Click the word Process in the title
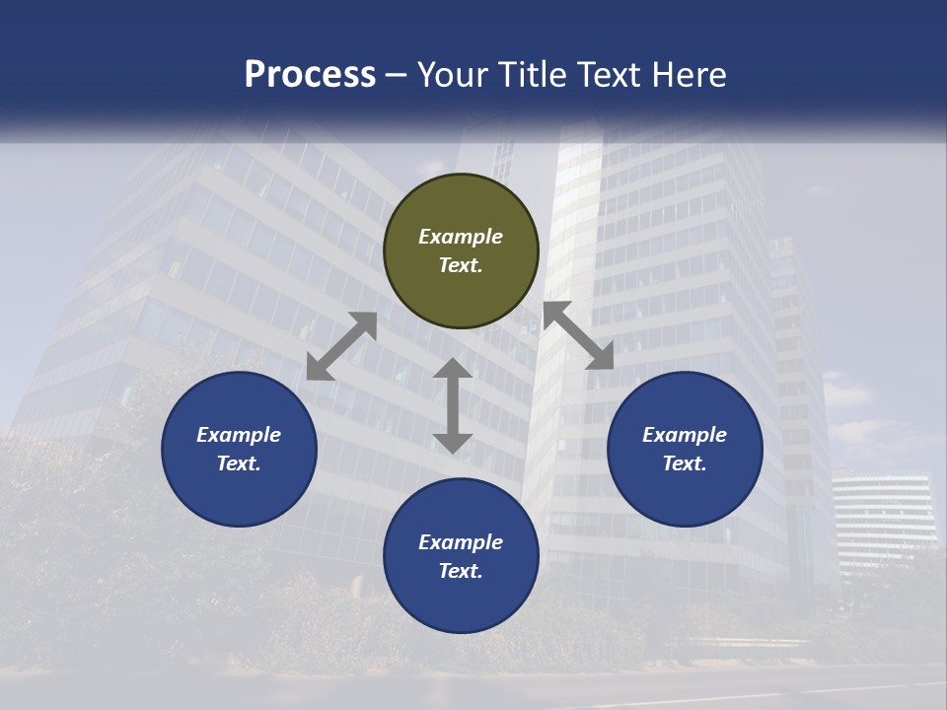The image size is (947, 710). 310,75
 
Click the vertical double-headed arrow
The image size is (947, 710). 453,405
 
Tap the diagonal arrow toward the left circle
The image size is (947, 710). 341,346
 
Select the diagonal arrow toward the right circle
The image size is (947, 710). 579,335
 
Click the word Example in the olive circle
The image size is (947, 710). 461,237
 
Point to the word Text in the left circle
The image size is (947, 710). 239,463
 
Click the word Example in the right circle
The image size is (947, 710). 685,435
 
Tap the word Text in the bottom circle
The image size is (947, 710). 461,571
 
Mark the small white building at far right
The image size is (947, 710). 883,513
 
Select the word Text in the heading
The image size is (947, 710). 607,75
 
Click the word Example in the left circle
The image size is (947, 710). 239,435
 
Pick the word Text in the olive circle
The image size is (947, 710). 461,265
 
